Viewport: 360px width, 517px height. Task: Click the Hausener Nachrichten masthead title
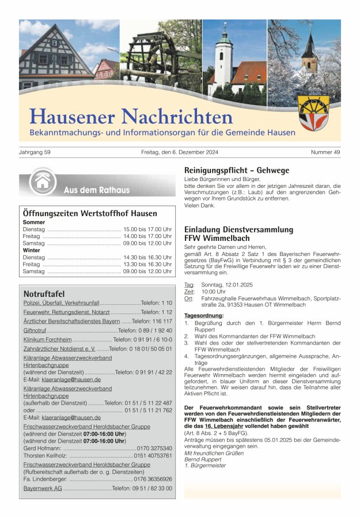tap(131, 116)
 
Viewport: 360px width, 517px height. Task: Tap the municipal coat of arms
tap(314, 113)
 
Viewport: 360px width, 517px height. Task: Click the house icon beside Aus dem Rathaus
tap(42, 183)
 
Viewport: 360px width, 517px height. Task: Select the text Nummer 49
tap(325, 152)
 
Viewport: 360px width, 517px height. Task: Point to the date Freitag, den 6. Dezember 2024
tap(179, 152)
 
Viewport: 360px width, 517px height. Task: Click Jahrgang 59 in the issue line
tap(35, 152)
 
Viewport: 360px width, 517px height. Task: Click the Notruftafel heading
tap(44, 294)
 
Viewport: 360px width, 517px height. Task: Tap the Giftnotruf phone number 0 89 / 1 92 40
tap(156, 331)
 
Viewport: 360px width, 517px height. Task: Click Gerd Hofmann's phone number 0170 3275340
tap(154, 448)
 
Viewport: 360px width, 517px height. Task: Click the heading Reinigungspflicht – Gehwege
tap(236, 171)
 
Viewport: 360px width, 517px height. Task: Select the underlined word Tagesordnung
tap(204, 315)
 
